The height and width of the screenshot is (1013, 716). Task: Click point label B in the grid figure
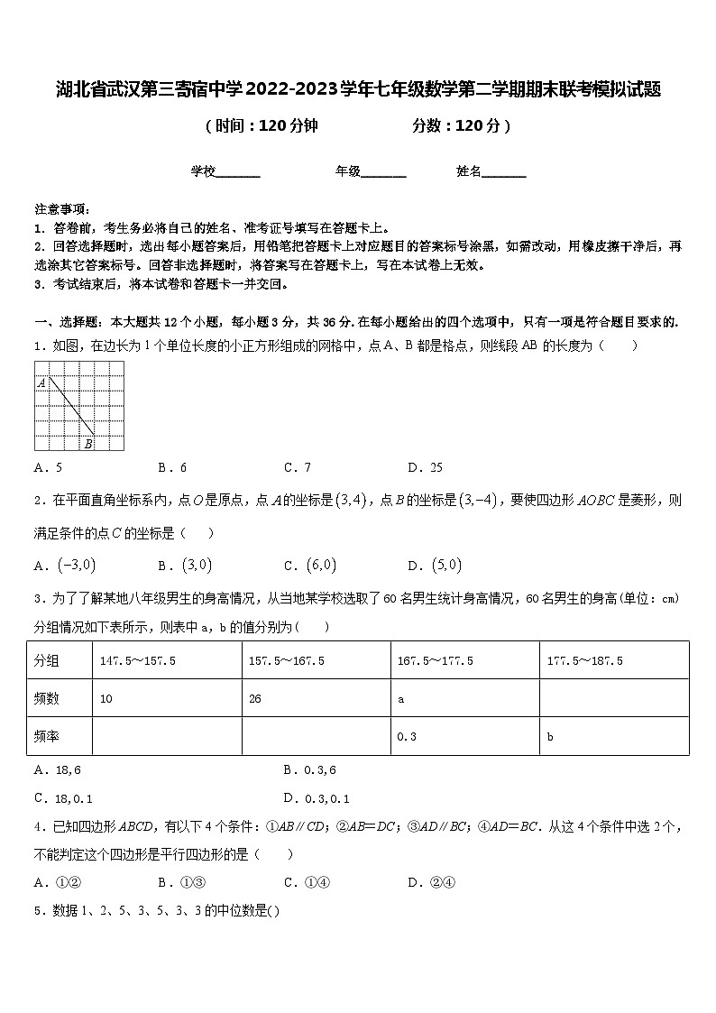click(x=88, y=443)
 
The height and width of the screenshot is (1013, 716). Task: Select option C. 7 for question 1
click(x=298, y=467)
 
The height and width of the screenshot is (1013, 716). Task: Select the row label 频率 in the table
click(x=47, y=737)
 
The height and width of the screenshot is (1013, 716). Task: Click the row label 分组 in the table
click(x=47, y=661)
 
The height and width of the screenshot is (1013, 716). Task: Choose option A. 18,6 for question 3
click(x=57, y=770)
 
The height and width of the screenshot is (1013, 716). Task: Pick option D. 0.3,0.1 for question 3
click(x=316, y=798)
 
